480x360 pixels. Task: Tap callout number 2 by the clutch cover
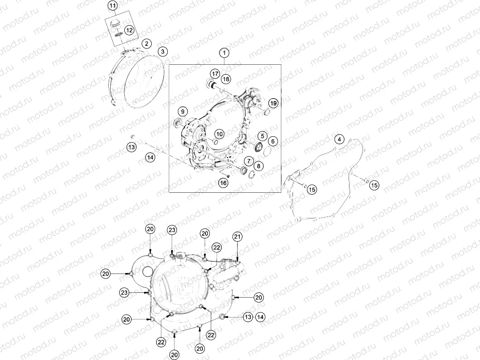click(x=145, y=43)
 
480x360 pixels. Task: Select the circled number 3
click(x=163, y=51)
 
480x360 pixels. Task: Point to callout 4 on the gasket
click(x=340, y=139)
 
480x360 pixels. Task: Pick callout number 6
click(x=273, y=141)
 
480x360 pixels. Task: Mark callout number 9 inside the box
click(x=183, y=111)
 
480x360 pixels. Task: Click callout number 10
click(x=219, y=134)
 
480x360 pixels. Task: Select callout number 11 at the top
click(x=112, y=6)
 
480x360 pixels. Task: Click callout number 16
click(x=223, y=182)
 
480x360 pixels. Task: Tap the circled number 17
click(x=215, y=73)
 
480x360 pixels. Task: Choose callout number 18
click(x=226, y=78)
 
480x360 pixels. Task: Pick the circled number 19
click(x=273, y=103)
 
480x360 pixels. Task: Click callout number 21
click(x=237, y=236)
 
